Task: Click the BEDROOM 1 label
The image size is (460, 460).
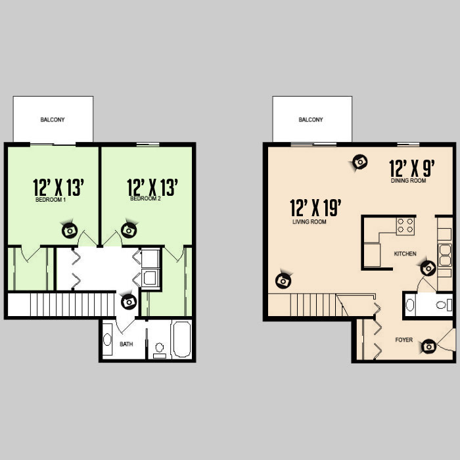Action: (51, 200)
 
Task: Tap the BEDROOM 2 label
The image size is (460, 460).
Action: (145, 198)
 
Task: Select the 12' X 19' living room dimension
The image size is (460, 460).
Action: (315, 208)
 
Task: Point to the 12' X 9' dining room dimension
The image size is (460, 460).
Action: (412, 168)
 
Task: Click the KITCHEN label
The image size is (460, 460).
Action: (405, 254)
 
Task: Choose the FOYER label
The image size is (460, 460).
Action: (404, 340)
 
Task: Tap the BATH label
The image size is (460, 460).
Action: (126, 344)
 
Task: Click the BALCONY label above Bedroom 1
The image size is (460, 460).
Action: (53, 120)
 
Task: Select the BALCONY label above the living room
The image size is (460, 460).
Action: (311, 120)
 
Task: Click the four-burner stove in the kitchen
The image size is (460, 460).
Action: (405, 226)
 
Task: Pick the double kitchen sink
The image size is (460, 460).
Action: (445, 255)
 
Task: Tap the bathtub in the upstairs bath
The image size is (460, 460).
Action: (182, 340)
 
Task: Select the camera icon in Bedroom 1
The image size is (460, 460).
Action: (70, 230)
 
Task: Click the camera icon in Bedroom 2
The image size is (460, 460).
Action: (129, 230)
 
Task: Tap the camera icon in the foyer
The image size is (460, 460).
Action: (429, 347)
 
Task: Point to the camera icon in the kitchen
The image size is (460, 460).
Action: (428, 268)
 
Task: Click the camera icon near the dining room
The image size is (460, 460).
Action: (360, 162)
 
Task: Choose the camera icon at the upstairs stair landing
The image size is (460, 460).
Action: (129, 302)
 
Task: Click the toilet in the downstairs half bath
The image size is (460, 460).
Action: (444, 305)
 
